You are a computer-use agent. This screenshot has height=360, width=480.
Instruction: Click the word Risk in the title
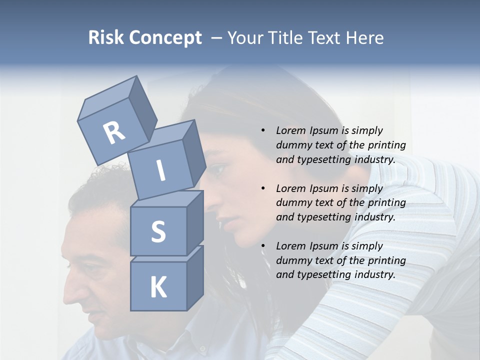coord(106,38)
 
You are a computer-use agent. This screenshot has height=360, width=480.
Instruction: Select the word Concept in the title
coord(165,38)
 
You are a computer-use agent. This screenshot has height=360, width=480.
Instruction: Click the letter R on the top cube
coord(114,132)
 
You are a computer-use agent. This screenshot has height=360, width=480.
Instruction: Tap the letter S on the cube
coord(158,232)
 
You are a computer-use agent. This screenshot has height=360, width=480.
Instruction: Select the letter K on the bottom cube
coord(158,287)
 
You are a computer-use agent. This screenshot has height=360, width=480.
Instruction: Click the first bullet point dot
coord(263,130)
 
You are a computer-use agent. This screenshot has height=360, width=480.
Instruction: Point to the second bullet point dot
coord(263,188)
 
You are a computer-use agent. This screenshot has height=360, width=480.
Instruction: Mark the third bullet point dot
coord(263,246)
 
